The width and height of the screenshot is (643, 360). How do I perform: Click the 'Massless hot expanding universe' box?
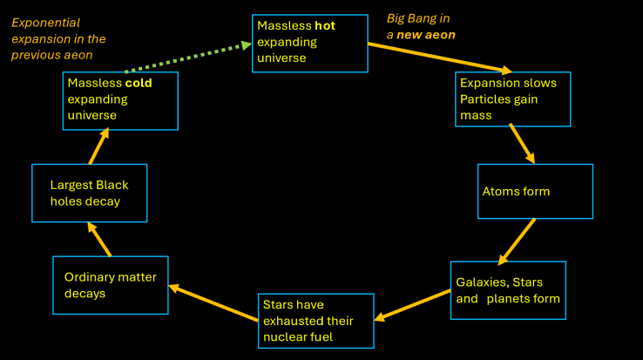pos(309,43)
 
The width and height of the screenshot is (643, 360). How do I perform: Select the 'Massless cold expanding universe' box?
pos(120,100)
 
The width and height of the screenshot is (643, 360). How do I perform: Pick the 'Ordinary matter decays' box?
pos(110,285)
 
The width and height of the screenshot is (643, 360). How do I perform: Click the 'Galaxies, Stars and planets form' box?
pos(508,290)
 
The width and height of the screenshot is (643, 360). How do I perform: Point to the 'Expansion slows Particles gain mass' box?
pos(512,97)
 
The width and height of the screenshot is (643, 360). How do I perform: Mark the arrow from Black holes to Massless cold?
pos(98,146)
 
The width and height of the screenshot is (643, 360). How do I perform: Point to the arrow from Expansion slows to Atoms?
pos(522,142)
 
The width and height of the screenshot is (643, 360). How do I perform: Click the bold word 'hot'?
pos(324,26)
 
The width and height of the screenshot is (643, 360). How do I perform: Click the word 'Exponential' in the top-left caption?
pos(45,21)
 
